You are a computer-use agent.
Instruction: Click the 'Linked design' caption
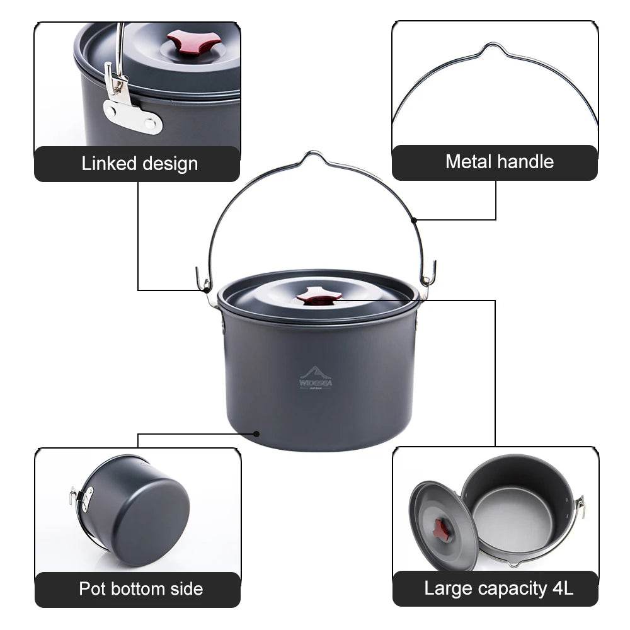pyautogui.click(x=139, y=164)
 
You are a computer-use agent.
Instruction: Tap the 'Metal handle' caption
pyautogui.click(x=499, y=162)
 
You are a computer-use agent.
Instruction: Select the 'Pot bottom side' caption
pyautogui.click(x=140, y=589)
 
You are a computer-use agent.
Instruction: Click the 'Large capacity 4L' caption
pyautogui.click(x=498, y=589)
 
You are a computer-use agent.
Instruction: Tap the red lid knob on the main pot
pyautogui.click(x=319, y=297)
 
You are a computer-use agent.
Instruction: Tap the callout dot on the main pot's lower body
pyautogui.click(x=256, y=433)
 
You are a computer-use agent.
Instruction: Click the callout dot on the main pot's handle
pyautogui.click(x=414, y=220)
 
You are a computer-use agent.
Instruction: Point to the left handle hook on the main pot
pyautogui.click(x=203, y=282)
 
